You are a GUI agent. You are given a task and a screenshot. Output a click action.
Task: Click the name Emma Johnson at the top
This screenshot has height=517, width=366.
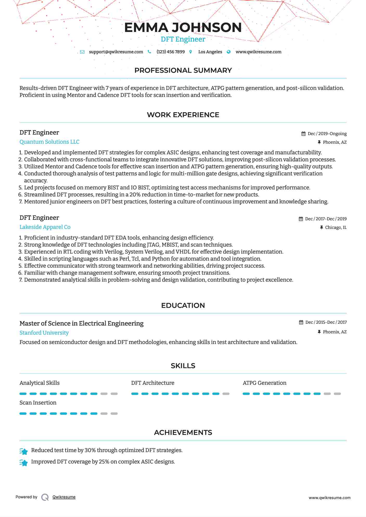click(183, 28)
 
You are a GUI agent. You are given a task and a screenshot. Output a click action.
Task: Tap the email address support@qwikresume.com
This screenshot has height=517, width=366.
click(116, 52)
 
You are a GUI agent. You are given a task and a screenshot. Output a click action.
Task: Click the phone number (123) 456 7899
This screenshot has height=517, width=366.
click(171, 52)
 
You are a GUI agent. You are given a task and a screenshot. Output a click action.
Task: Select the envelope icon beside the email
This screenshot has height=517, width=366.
click(82, 52)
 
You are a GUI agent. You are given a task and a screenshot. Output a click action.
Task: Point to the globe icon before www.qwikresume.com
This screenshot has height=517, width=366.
click(229, 52)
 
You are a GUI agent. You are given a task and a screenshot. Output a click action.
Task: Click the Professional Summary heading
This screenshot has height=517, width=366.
click(183, 70)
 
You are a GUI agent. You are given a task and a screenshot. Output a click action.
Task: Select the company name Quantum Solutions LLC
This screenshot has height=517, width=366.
click(49, 142)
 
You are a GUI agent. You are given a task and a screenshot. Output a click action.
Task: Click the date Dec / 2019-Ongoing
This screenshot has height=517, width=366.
click(327, 134)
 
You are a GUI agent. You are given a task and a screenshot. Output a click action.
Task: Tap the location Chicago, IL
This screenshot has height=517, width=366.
click(336, 227)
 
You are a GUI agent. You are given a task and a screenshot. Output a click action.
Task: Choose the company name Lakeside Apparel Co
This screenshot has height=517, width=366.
click(45, 227)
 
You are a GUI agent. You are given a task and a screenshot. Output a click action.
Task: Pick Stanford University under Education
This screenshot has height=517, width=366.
click(44, 333)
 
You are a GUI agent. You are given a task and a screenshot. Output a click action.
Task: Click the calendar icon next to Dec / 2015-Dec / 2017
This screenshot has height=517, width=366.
click(301, 322)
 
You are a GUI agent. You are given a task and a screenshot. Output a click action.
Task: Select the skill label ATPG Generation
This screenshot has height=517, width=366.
click(264, 383)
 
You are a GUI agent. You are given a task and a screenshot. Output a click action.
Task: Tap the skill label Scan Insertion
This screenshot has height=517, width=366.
click(38, 403)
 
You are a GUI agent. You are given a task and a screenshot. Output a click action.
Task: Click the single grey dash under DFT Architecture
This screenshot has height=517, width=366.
click(226, 394)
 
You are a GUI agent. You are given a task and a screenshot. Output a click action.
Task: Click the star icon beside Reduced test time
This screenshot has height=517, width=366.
click(24, 452)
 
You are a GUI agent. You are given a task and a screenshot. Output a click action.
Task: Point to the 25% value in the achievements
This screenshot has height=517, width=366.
click(104, 462)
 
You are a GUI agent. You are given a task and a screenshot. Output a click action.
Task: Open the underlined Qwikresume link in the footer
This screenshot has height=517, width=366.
click(64, 497)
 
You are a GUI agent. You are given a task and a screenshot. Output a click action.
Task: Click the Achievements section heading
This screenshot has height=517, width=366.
click(183, 433)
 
